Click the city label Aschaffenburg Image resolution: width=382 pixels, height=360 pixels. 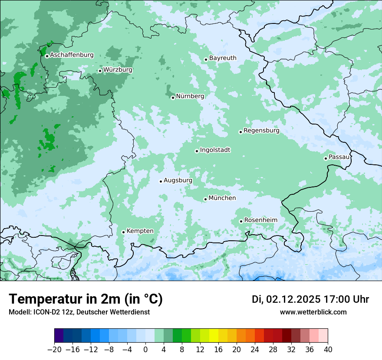click(72, 55)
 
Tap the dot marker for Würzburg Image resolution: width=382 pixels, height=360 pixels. click(100, 71)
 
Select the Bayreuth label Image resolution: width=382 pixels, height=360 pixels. click(223, 58)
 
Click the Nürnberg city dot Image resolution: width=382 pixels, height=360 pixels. click(173, 98)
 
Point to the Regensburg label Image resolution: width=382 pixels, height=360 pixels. click(261, 130)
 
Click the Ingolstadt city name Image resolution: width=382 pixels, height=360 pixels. click(215, 150)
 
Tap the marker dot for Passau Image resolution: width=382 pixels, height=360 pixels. click(326, 158)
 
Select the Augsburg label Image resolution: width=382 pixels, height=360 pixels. click(178, 180)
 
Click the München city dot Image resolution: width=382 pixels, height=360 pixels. click(205, 199)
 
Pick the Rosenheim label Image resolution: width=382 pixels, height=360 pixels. click(260, 220)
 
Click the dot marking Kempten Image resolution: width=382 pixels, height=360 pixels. click(123, 232)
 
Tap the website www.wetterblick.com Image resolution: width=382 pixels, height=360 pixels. click(313, 312)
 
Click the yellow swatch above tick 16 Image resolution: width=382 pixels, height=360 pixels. click(214, 336)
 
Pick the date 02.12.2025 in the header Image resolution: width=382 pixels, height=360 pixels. click(293, 299)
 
